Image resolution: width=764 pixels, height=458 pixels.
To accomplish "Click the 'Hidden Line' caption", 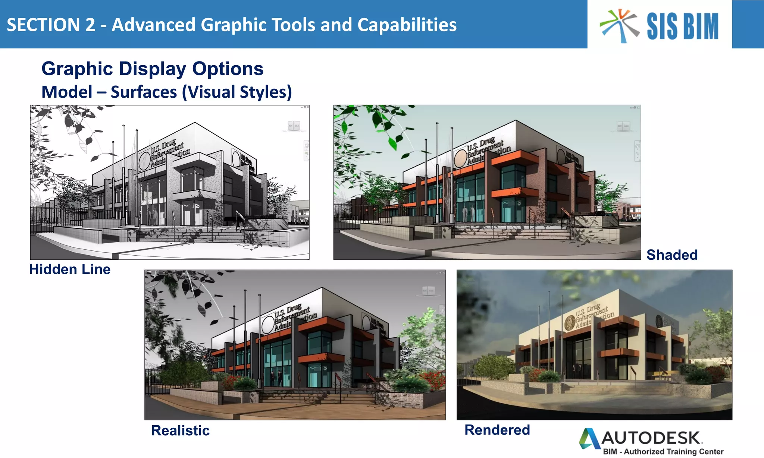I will point(70,269).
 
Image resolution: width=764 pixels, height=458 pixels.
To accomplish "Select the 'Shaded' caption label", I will point(672,255).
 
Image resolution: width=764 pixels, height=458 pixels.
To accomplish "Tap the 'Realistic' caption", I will point(180,430).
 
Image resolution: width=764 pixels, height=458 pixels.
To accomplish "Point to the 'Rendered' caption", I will point(497,430).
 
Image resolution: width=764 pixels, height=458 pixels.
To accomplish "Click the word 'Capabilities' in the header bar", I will point(407,25).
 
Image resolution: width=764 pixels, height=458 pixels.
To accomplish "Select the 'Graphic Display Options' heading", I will point(152,69).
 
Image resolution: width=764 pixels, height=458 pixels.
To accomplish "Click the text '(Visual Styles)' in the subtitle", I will point(237,92).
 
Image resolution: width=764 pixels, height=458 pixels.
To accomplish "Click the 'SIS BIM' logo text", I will point(682,26).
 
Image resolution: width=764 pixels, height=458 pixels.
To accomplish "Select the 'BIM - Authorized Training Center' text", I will point(663,452).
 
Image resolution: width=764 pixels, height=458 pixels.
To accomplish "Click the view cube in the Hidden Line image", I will point(294,126).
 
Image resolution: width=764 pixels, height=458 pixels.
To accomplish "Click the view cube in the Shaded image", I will point(623,126).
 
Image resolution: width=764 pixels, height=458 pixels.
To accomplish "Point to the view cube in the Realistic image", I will point(428,291).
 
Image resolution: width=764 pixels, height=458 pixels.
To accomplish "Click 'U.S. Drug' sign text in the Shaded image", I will point(485,143).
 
